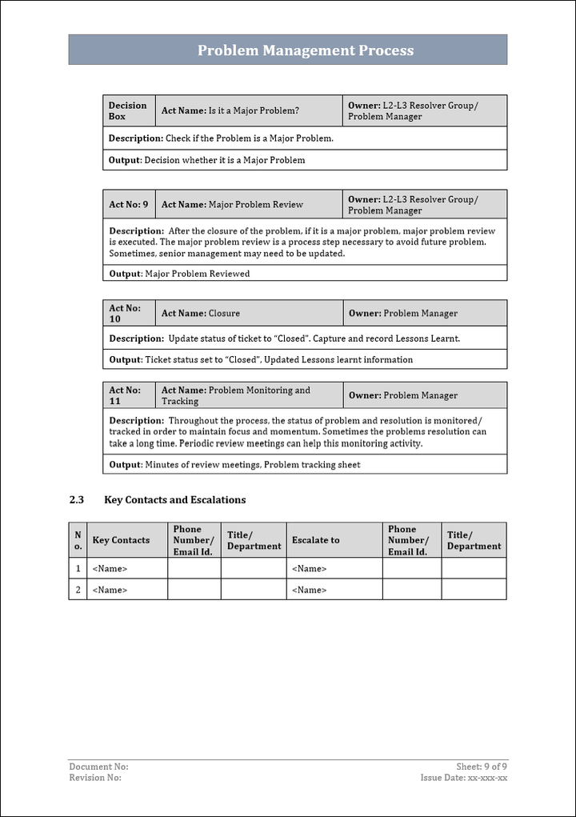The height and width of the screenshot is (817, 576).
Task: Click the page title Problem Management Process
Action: pos(306,50)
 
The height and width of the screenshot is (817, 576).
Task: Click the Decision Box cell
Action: pos(128,110)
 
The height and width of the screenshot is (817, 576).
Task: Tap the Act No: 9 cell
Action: pos(129,205)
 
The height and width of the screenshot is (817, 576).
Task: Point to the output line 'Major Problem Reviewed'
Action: pos(179,274)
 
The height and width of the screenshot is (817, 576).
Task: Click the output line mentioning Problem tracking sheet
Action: pos(234,465)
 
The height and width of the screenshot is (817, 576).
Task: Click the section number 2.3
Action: pos(77,500)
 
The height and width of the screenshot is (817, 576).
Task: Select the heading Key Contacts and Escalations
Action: pos(174,500)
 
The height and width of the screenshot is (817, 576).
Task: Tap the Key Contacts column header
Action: pos(121,540)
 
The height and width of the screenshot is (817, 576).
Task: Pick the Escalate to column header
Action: pos(315,540)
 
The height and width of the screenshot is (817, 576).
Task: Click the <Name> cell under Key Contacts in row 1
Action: pos(110,569)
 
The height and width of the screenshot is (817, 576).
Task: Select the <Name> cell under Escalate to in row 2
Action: pos(310,590)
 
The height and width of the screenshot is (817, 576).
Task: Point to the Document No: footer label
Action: pos(98,767)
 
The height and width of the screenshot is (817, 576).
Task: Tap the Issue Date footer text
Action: pos(464,778)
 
